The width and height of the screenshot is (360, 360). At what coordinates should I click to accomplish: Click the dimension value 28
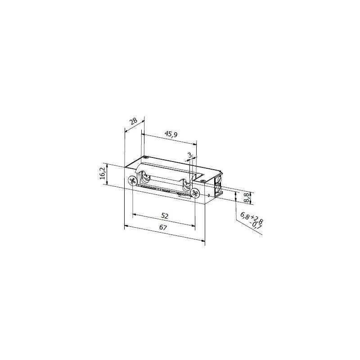133,121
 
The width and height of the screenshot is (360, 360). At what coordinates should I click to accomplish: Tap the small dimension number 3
189,155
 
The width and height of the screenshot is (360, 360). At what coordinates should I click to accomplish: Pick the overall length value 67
163,228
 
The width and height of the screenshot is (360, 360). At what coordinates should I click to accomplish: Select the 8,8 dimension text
246,197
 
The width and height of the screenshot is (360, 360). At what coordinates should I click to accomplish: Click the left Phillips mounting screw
132,181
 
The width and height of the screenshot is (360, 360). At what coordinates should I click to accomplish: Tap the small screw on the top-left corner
147,158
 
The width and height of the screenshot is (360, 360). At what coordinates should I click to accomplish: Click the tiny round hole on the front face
210,195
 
